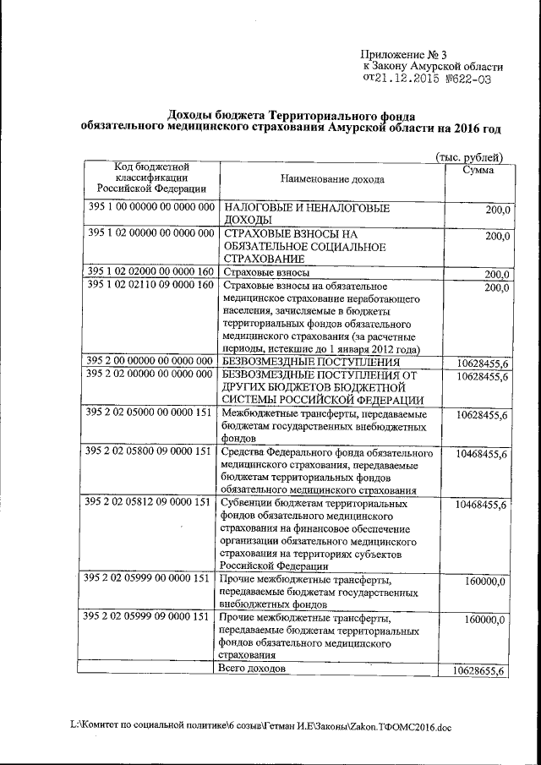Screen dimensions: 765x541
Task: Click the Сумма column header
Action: point(478,170)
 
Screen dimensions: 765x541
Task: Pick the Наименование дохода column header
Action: point(331,179)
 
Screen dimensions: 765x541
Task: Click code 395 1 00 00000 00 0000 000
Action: point(150,207)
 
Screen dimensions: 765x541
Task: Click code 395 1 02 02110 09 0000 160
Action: point(150,285)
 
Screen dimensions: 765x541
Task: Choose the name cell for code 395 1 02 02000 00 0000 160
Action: point(265,273)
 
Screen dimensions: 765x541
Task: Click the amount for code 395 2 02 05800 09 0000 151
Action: point(480,455)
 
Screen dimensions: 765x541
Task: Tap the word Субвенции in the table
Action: point(243,503)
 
